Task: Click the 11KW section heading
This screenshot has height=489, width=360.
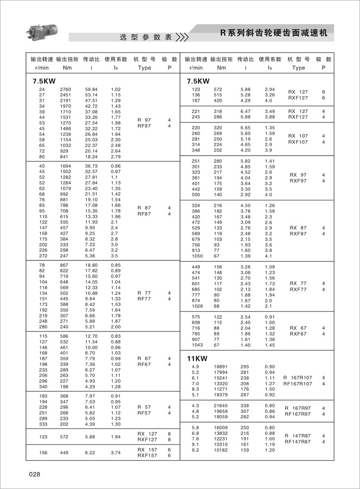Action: tap(197, 358)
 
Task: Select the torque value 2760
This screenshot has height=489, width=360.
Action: tap(65, 89)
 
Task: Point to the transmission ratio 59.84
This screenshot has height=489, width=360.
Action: tap(91, 89)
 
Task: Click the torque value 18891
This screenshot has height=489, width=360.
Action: tap(221, 367)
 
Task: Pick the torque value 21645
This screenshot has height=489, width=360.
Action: tap(221, 406)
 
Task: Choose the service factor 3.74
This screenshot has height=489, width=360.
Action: tap(116, 452)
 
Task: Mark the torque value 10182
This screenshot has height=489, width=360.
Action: tap(221, 451)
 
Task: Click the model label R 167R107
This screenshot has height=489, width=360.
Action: tap(300, 378)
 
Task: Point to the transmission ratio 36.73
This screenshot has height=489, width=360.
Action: tap(91, 166)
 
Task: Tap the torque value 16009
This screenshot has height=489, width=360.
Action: tap(221, 428)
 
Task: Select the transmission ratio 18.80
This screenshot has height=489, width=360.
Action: tap(91, 265)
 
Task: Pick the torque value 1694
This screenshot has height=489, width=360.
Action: tap(65, 166)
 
